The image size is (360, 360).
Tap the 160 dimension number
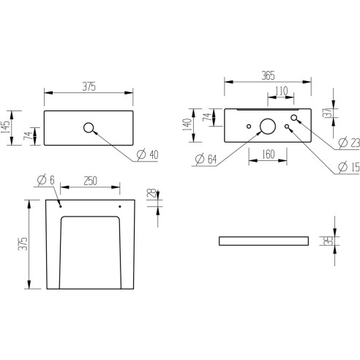(x=267, y=155)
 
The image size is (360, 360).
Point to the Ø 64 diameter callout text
(x=204, y=159)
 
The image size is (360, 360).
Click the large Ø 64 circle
(x=268, y=127)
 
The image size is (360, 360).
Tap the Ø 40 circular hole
(x=90, y=128)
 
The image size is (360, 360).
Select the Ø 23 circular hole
(x=295, y=119)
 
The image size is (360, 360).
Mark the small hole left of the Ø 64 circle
(x=250, y=127)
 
